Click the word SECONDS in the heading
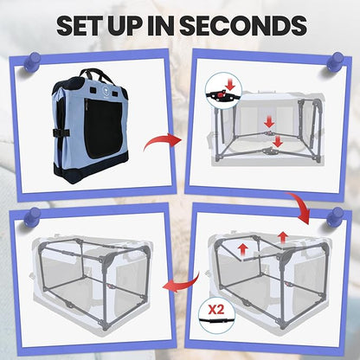243,25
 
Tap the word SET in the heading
80,25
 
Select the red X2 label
216,310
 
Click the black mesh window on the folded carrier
103,128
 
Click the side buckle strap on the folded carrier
61,132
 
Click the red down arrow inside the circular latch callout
231,85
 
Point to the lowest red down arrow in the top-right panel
278,141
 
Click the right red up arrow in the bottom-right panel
283,238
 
